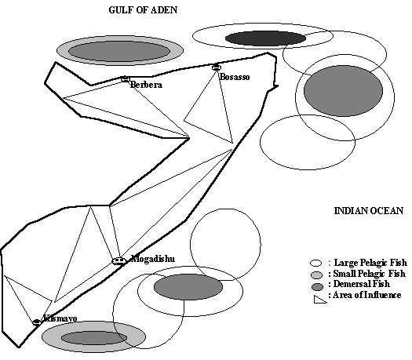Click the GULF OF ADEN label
[x=143, y=10]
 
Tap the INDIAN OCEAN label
[x=368, y=211]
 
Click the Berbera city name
[x=146, y=85]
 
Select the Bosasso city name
[x=235, y=77]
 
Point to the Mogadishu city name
[x=153, y=259]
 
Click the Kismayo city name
[x=60, y=318]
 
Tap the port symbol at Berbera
[x=126, y=78]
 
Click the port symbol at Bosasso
[x=216, y=67]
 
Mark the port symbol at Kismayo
[x=37, y=322]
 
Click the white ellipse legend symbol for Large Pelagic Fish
[x=315, y=263]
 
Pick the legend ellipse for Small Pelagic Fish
[x=316, y=275]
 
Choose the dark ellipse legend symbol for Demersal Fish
[x=317, y=287]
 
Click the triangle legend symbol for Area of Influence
[x=319, y=300]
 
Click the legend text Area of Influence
[x=366, y=295]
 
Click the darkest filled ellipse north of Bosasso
[x=265, y=38]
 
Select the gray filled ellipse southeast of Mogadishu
[x=188, y=287]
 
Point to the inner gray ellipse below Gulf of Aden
[x=119, y=51]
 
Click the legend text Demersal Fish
[x=361, y=284]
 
